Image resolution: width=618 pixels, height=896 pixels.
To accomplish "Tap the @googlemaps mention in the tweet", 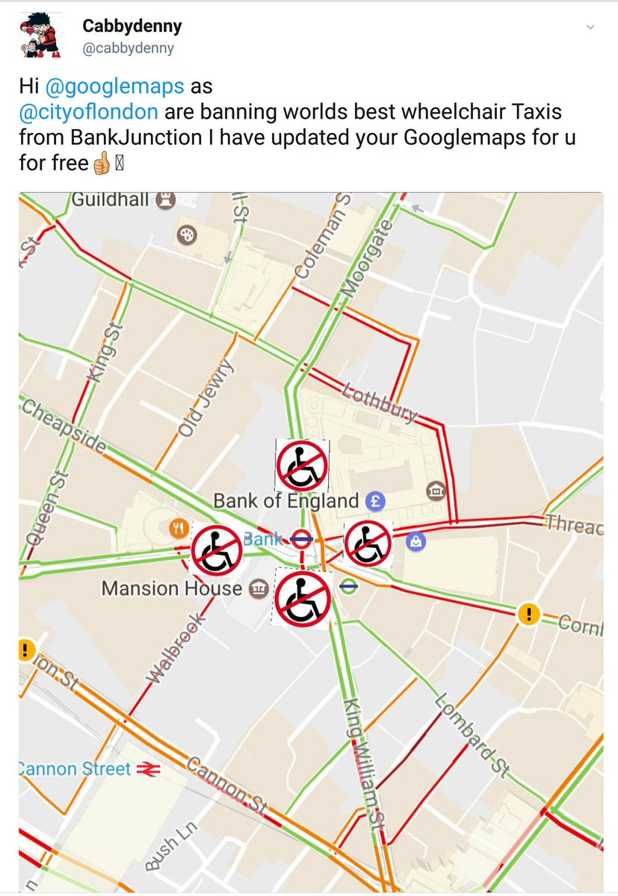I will [114, 86].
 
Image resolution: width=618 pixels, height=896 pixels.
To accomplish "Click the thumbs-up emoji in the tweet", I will [101, 164].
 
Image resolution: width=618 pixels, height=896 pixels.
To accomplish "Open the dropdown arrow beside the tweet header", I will [590, 28].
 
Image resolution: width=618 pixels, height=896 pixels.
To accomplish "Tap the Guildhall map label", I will [110, 199].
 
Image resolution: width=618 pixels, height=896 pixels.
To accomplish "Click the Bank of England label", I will [286, 500].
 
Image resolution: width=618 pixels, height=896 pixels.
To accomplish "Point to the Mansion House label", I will [172, 588].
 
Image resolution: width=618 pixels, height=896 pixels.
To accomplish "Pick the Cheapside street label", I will [64, 426].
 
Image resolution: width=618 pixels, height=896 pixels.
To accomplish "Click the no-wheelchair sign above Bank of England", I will [302, 464].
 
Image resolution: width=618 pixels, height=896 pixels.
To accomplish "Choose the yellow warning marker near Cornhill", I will [528, 615].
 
